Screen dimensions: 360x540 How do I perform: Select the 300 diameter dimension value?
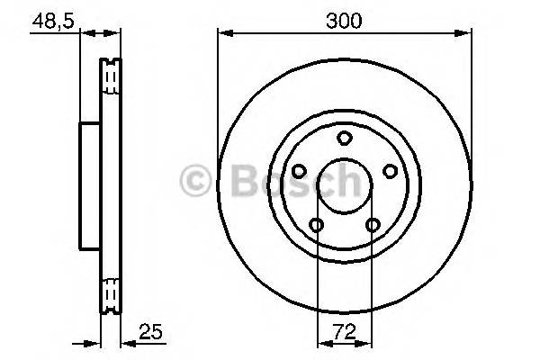point(345,19)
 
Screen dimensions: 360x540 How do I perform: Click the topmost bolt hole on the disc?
point(344,139)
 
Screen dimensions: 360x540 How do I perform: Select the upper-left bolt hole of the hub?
point(298,171)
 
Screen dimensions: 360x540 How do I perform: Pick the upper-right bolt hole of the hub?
point(390,171)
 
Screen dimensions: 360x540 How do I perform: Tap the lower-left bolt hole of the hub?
point(316,225)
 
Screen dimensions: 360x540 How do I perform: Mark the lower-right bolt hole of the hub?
point(373,225)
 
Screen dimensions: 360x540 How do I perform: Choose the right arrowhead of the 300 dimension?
point(467,34)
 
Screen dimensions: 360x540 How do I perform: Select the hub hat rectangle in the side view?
point(90,186)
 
